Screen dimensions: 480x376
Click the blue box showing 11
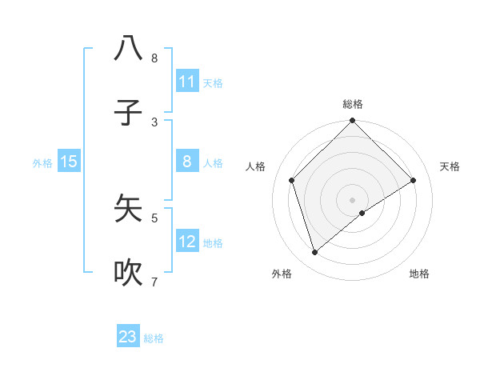click(186, 82)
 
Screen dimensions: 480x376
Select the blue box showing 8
click(186, 162)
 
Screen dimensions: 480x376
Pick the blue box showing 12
click(186, 242)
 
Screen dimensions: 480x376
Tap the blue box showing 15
click(69, 162)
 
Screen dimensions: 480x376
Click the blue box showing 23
click(128, 337)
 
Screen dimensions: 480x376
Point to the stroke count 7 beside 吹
click(154, 282)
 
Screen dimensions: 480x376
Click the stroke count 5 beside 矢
click(154, 217)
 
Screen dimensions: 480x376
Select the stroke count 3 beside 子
click(154, 122)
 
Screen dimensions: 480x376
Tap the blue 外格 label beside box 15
click(42, 163)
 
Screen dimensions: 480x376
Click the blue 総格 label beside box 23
click(154, 338)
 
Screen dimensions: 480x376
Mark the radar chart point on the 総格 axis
click(352, 122)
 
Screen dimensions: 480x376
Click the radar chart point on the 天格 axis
click(414, 180)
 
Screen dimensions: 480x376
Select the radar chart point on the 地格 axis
click(362, 213)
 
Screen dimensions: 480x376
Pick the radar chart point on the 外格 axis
click(315, 253)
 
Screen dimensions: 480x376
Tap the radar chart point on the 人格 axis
click(292, 180)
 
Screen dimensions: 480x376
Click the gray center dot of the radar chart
click(352, 199)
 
